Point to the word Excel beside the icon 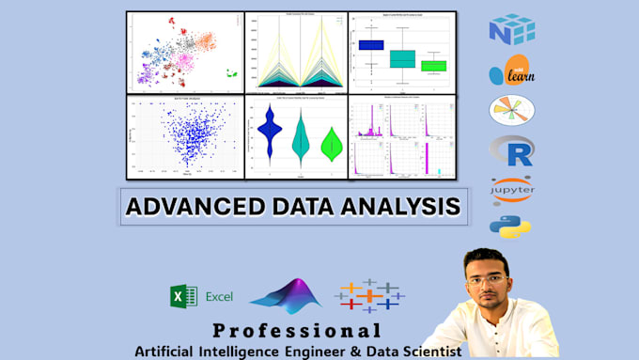tap(220, 297)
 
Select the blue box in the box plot tap(372, 43)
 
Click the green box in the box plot tap(433, 65)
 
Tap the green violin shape tap(331, 144)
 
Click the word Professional tap(297, 331)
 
